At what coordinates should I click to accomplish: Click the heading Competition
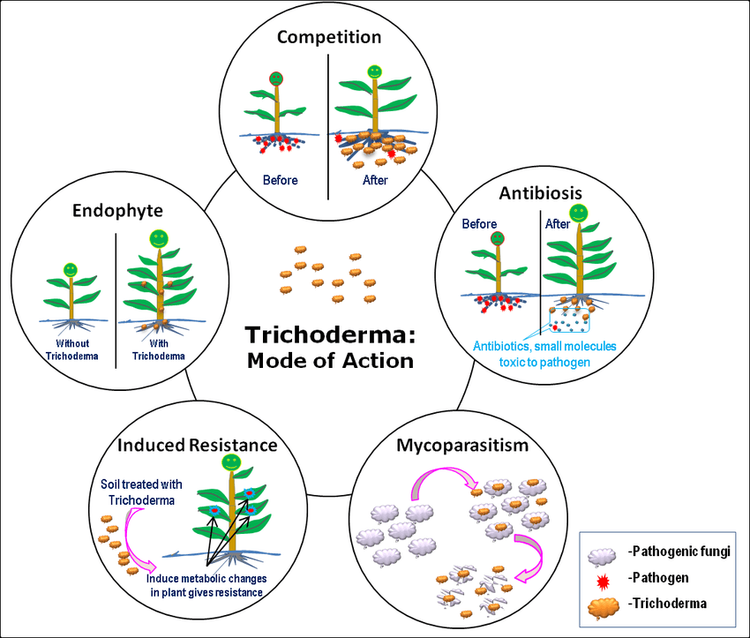329,37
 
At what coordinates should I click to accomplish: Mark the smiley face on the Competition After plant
374,70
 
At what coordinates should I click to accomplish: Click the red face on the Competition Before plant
276,79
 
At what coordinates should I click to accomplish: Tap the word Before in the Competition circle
281,180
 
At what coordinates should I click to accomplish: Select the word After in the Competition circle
374,180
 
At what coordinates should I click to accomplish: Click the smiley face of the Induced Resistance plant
231,462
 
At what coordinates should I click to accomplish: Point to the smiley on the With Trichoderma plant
159,238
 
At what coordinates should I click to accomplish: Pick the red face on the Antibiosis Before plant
499,238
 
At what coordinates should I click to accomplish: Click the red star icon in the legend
603,578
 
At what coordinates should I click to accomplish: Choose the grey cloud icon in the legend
603,552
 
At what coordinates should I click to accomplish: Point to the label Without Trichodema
72,350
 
